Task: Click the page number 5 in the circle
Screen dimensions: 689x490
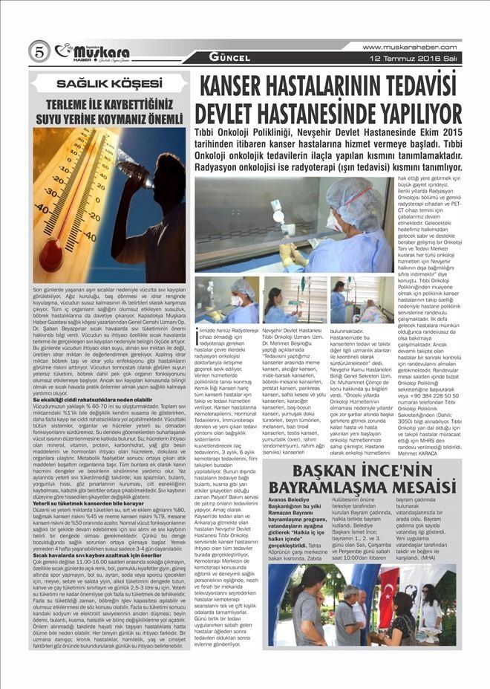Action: click(39, 51)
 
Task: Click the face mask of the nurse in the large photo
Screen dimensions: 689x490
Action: click(332, 221)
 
